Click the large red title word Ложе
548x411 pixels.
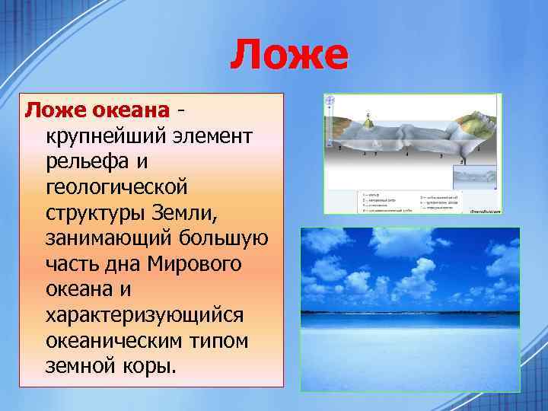288,56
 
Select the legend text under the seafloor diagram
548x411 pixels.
411,200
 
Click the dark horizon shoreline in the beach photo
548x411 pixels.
410,312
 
